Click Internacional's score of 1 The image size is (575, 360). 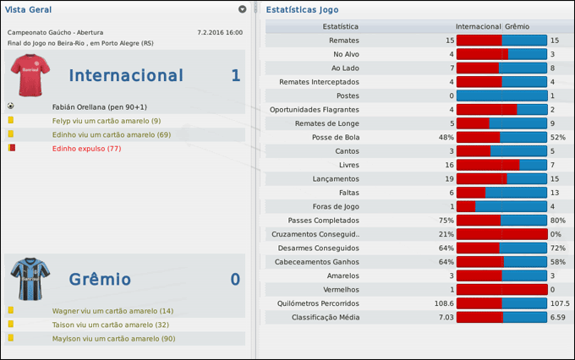click(x=235, y=76)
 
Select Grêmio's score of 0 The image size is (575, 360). click(x=235, y=280)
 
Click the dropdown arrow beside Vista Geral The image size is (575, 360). click(x=243, y=9)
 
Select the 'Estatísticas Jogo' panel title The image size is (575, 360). click(x=304, y=10)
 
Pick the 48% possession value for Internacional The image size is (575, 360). click(x=446, y=137)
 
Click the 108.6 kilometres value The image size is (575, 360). click(x=444, y=303)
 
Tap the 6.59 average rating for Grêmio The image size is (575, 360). click(x=558, y=318)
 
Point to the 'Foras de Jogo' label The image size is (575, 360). click(x=336, y=206)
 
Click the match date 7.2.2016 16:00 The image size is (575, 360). click(x=219, y=32)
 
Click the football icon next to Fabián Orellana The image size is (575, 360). click(x=10, y=107)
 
